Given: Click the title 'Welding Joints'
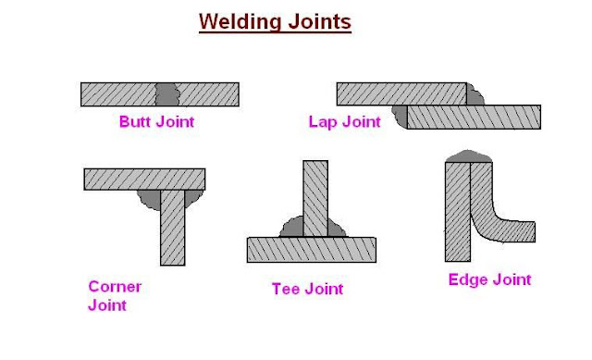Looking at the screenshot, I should (276, 21).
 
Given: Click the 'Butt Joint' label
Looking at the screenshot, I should (156, 121).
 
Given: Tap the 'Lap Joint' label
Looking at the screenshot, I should (344, 121).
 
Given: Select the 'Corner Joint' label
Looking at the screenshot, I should (115, 295).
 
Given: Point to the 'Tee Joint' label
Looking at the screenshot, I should (307, 289).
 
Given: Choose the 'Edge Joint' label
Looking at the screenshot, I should (489, 279).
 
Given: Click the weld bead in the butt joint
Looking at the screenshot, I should (166, 93).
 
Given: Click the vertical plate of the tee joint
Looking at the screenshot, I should (314, 198).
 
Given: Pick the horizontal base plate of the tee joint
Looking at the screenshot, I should (311, 249).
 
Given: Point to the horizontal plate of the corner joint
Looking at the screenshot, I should (144, 179).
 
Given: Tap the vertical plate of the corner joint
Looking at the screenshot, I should (173, 227).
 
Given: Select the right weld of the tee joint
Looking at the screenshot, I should (337, 228).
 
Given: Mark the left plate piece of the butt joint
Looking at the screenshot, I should (117, 93).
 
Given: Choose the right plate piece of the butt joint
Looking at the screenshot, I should (209, 93).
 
